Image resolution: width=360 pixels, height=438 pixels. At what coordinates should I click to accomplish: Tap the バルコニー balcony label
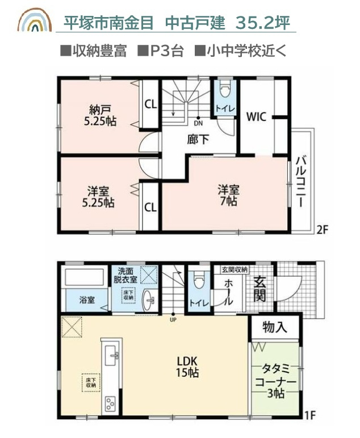[x=301, y=180]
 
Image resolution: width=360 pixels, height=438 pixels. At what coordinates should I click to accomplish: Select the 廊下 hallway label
[x=198, y=139]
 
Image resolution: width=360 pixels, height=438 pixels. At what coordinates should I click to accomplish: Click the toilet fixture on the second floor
[x=224, y=90]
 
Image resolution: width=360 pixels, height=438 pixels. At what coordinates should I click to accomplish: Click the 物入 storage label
[x=275, y=328]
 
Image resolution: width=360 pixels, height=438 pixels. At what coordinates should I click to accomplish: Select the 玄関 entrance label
[x=259, y=289]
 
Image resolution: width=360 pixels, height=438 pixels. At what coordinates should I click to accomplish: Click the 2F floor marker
[x=323, y=230]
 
